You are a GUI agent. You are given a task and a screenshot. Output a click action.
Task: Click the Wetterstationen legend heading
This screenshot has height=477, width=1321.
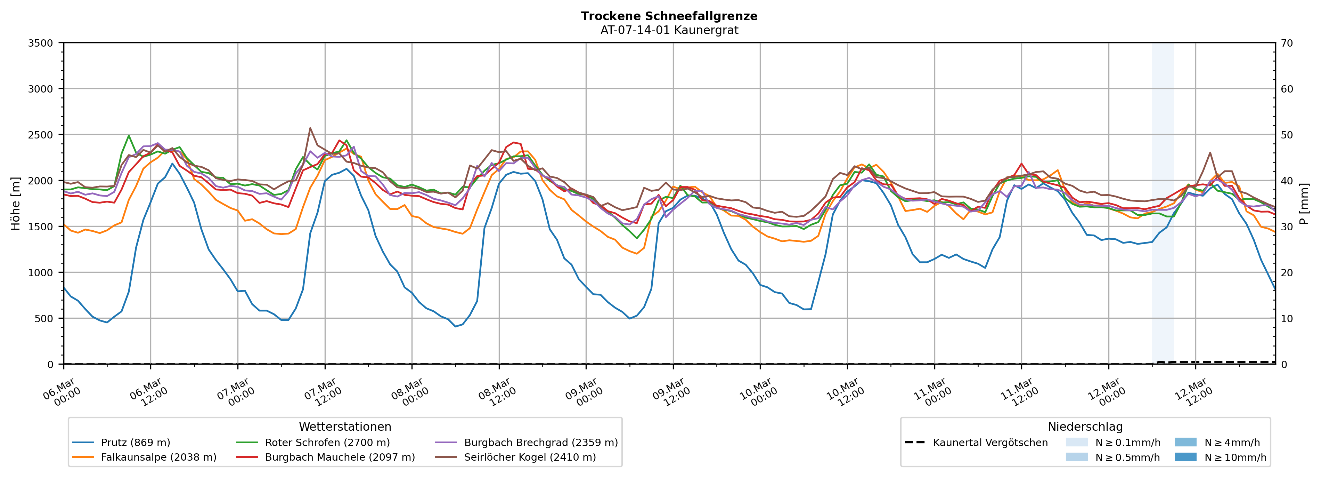tap(345, 427)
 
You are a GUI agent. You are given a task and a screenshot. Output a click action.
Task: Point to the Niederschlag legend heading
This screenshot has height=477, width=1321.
tap(1085, 427)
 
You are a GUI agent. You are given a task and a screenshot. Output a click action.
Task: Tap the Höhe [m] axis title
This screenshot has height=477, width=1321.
tap(15, 203)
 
